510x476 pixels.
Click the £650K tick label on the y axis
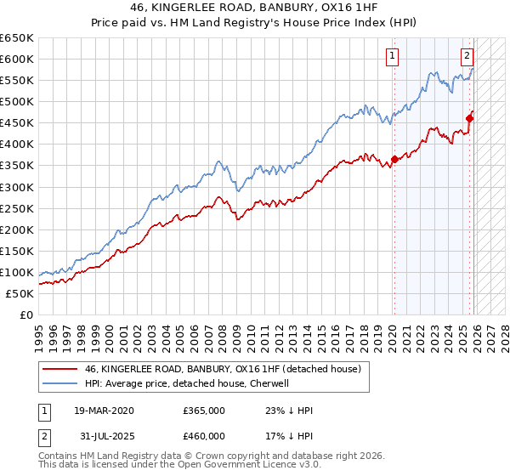click(17, 38)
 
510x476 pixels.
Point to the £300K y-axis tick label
click(17, 187)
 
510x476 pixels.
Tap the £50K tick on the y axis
click(20, 293)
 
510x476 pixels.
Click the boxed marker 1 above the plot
click(393, 57)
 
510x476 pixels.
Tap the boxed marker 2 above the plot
click(467, 57)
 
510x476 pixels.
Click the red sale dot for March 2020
click(394, 159)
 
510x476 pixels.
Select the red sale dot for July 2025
click(470, 118)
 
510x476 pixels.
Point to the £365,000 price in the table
click(204, 411)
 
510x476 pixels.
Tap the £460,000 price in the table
click(204, 436)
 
